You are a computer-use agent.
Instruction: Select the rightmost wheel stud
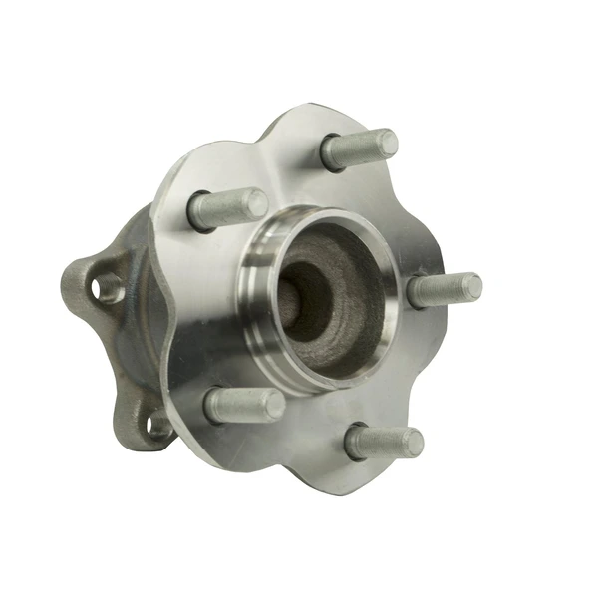(445, 289)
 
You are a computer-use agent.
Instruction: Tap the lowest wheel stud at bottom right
(384, 442)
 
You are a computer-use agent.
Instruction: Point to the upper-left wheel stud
(227, 207)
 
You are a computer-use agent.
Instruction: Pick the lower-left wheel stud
(243, 404)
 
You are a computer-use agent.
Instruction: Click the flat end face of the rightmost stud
(472, 286)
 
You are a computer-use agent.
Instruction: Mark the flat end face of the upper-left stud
(256, 203)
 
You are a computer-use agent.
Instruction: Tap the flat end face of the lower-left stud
(272, 404)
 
